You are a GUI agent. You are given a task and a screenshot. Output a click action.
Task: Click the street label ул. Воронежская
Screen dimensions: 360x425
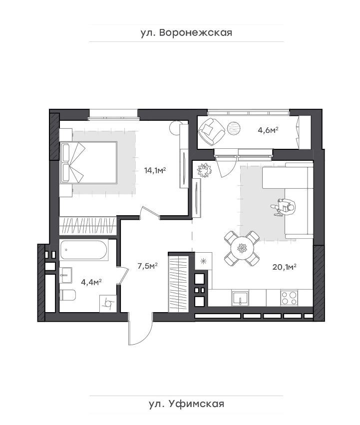click(186, 33)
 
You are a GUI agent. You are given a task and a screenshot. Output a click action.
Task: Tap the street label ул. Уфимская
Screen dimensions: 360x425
click(187, 404)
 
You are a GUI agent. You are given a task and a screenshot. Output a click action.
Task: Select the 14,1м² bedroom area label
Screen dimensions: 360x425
click(155, 170)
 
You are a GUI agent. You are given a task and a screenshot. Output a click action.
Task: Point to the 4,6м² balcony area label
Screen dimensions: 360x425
click(268, 130)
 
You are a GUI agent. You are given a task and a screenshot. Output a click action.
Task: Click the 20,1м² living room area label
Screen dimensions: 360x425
click(285, 267)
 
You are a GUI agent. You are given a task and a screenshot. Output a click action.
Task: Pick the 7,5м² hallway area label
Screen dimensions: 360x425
click(148, 266)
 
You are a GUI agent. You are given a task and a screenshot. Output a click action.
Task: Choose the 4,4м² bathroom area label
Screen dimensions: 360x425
click(91, 282)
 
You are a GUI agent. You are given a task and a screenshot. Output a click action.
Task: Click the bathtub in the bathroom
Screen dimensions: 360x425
click(84, 250)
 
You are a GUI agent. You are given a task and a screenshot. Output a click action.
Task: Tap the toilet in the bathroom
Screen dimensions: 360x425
click(67, 295)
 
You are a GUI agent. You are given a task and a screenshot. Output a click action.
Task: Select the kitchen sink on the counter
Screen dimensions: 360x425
click(240, 298)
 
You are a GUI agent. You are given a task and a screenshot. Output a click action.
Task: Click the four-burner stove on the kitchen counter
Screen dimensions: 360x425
click(289, 298)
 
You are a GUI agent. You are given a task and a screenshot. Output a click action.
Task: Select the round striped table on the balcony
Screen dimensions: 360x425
click(234, 128)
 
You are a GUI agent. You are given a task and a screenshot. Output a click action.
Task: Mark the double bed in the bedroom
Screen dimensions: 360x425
click(89, 162)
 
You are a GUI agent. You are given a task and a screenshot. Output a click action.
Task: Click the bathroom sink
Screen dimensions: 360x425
click(66, 275)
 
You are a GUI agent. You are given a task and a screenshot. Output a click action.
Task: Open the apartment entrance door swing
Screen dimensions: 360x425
click(141, 332)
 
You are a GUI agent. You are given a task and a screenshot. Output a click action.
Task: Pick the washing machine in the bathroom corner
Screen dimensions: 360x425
click(108, 303)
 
